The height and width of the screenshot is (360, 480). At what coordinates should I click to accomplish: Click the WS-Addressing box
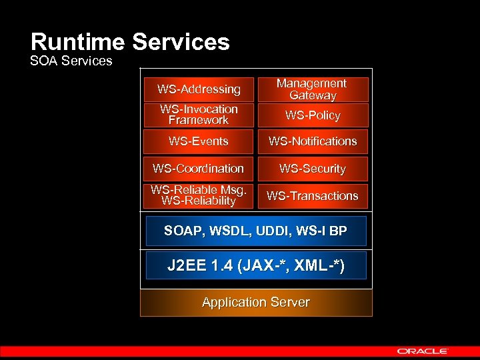[199, 89]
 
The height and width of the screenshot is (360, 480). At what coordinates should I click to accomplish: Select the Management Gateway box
[312, 89]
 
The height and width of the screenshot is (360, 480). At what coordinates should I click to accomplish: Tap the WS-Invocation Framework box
[199, 115]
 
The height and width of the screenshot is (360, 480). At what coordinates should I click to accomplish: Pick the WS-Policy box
[313, 115]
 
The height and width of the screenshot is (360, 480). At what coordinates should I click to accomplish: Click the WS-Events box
[199, 141]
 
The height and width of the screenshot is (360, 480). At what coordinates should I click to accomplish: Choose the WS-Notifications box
[313, 141]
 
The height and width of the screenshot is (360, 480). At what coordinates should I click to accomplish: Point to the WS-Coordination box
[199, 169]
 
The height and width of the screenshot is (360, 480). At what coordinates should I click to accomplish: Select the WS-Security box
[313, 169]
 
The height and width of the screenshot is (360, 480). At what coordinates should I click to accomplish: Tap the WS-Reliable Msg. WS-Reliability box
[199, 195]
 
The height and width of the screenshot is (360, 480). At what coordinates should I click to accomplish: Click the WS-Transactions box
[313, 196]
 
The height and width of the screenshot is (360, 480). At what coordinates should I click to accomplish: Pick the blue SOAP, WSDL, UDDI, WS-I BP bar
[256, 231]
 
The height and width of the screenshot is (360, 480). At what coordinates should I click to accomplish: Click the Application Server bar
[256, 303]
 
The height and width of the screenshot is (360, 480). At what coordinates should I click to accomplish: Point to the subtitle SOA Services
[71, 61]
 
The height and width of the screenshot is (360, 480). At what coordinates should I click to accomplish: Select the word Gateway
[313, 96]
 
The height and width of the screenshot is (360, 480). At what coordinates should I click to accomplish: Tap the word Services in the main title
[181, 43]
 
